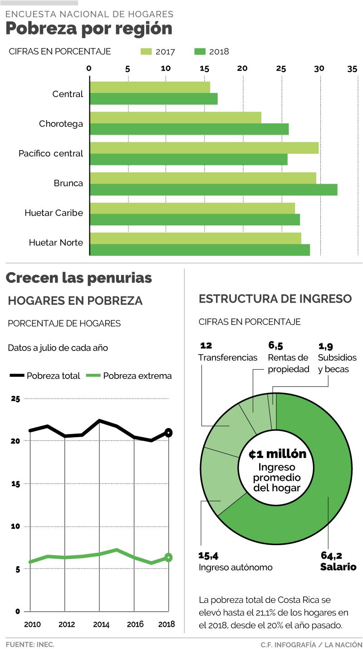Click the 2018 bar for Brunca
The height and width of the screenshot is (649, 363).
(x=213, y=190)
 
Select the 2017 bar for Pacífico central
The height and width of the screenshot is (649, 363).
(x=204, y=148)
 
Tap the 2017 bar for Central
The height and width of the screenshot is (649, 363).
(x=150, y=87)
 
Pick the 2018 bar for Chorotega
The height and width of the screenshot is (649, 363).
(x=189, y=129)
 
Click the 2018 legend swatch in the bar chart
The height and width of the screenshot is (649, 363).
(x=200, y=51)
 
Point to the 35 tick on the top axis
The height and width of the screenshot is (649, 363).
(x=352, y=69)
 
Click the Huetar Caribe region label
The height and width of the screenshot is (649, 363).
(x=54, y=212)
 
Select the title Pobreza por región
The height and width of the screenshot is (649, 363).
(x=89, y=29)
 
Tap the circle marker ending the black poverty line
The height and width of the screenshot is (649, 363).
(x=168, y=433)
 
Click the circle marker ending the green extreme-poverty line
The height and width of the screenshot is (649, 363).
(x=168, y=557)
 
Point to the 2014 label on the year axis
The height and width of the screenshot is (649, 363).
(x=101, y=625)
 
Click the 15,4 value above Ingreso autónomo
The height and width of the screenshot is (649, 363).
(x=209, y=556)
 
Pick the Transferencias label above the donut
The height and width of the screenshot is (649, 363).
(x=228, y=357)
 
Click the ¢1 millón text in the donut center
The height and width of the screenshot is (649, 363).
(x=277, y=454)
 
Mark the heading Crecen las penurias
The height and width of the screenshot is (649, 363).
(x=79, y=278)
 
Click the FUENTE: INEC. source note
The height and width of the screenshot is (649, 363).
(x=30, y=644)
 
